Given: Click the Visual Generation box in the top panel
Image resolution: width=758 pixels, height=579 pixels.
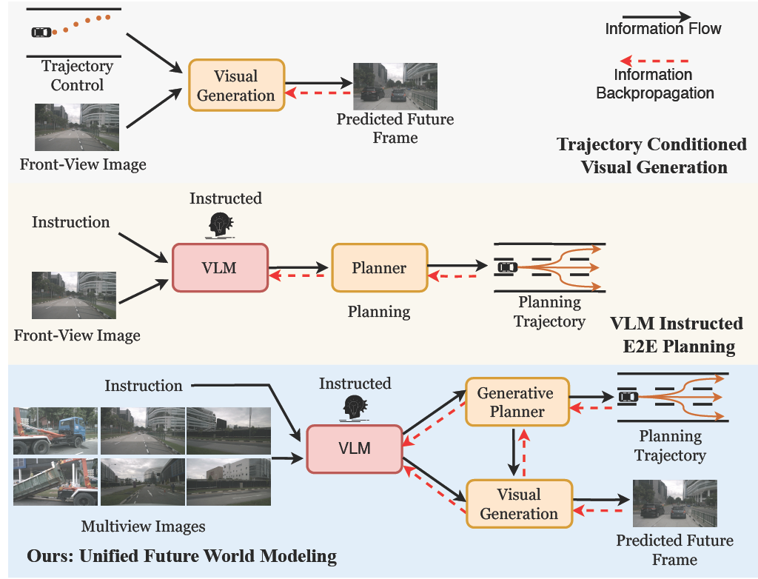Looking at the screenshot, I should [236, 85].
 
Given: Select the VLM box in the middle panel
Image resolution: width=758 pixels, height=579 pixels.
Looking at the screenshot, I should [220, 267].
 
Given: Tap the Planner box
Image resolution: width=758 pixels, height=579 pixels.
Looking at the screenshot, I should [379, 268].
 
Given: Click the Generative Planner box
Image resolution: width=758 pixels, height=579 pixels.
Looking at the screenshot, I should [517, 403].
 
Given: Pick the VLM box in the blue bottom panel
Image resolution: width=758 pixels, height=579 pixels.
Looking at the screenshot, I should [354, 448].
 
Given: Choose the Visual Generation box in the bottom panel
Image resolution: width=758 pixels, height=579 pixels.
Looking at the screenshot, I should [519, 503].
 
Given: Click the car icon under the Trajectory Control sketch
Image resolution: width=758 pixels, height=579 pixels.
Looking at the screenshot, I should [41, 33].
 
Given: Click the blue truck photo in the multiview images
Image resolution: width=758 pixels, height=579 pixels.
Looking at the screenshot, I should [56, 431].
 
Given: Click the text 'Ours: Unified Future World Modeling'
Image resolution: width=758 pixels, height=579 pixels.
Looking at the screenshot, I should [181, 555].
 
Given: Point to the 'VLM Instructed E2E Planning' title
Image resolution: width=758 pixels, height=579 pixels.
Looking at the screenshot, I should [675, 335].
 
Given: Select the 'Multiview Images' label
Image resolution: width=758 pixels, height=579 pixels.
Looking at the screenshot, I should [143, 527].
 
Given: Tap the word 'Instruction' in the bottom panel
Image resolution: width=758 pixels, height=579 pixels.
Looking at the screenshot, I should [143, 386].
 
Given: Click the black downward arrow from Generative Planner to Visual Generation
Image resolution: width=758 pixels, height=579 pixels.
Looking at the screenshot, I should [513, 452].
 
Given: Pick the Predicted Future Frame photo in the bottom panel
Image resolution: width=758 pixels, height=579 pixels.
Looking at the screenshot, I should [674, 503].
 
